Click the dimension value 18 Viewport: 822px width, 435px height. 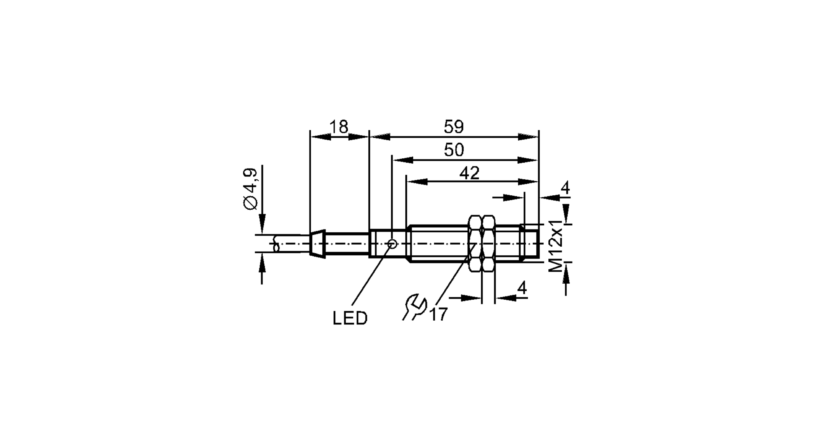pos(339,127)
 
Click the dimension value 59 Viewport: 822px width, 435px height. pos(454,127)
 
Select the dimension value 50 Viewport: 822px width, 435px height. pos(454,150)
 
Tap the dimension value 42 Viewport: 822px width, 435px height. pos(469,173)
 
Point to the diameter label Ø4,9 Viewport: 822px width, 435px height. pos(251,189)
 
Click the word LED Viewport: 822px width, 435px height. pos(350,318)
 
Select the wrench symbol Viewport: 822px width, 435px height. pos(414,307)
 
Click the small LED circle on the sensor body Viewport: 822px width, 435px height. pos(393,244)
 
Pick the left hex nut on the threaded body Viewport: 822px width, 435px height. pos(475,243)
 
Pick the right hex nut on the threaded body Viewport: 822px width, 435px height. pos(488,243)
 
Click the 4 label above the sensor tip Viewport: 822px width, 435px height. pos(566,188)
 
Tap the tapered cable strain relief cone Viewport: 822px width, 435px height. pos(317,244)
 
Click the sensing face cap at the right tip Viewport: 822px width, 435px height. pos(531,241)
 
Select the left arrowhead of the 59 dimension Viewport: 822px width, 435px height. pos(380,137)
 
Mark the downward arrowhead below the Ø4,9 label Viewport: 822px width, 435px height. pos(262,224)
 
